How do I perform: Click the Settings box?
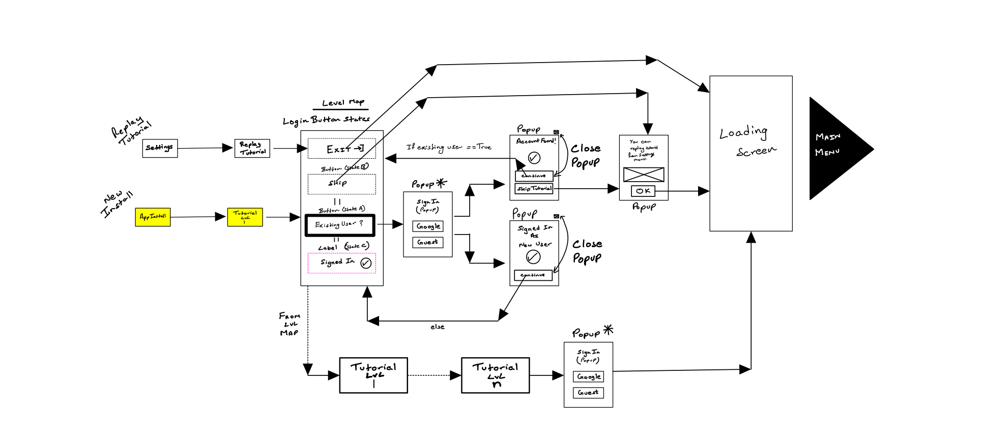click(x=160, y=148)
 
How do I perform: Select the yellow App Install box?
click(x=153, y=217)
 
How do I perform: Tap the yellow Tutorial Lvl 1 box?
click(x=245, y=217)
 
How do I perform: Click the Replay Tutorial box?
click(x=252, y=148)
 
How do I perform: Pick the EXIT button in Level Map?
click(x=342, y=149)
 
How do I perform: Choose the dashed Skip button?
click(x=342, y=184)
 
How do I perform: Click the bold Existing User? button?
click(x=340, y=225)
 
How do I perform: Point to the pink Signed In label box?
click(x=342, y=263)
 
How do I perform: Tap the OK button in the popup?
click(x=643, y=191)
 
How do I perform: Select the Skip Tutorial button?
click(x=534, y=189)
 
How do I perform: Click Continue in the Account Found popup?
click(x=534, y=176)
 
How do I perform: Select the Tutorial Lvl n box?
click(x=495, y=375)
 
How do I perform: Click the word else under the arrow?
click(x=437, y=327)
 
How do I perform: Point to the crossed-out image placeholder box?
click(x=644, y=174)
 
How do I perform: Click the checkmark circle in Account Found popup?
click(x=534, y=158)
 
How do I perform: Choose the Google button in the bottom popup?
click(x=589, y=377)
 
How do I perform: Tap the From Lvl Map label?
click(x=289, y=325)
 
